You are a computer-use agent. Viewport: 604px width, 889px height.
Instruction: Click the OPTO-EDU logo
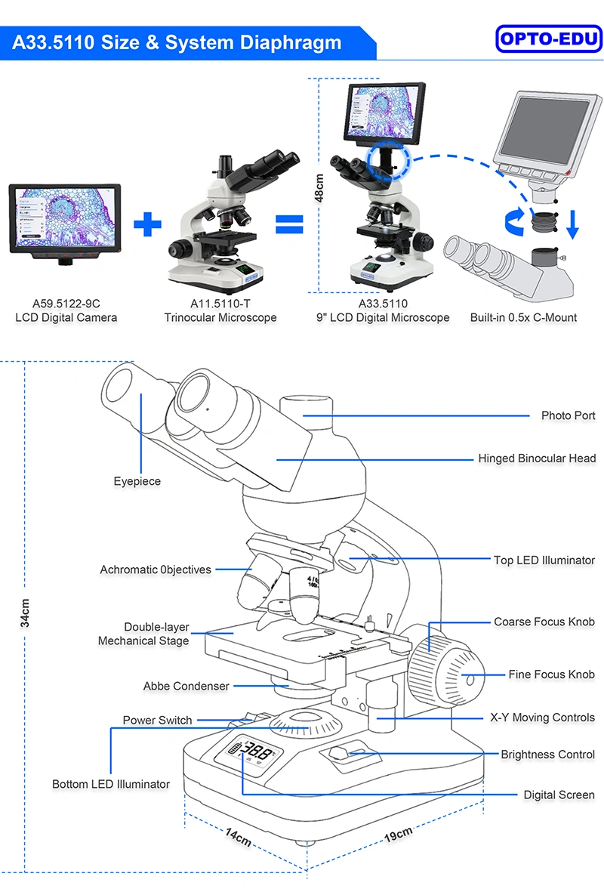(548, 39)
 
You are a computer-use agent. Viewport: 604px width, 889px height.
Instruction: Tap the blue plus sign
(148, 224)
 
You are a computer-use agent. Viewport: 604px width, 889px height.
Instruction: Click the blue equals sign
(289, 224)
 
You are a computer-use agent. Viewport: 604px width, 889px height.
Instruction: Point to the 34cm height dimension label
(25, 613)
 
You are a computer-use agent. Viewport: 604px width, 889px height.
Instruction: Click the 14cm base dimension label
(238, 838)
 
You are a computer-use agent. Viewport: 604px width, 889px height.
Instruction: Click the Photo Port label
(569, 415)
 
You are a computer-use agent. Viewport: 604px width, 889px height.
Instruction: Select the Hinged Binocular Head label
(537, 458)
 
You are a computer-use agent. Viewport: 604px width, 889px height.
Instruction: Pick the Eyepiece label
(137, 481)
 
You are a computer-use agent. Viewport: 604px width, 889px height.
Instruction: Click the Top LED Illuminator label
(544, 560)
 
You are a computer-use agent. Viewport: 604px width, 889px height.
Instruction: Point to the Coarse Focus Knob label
(544, 622)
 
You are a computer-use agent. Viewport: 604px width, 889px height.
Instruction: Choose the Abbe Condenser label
(186, 686)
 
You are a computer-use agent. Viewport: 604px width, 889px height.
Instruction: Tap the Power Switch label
(158, 720)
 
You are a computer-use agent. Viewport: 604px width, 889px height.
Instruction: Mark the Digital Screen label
(559, 795)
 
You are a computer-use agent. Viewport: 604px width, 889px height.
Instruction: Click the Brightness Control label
(548, 755)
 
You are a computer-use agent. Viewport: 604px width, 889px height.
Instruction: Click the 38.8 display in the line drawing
(257, 753)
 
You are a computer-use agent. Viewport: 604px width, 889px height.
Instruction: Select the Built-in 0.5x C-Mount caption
(523, 317)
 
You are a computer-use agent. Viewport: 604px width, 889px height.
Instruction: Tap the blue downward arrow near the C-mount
(572, 224)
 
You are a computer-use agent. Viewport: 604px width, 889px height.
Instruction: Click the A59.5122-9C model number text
(66, 304)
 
